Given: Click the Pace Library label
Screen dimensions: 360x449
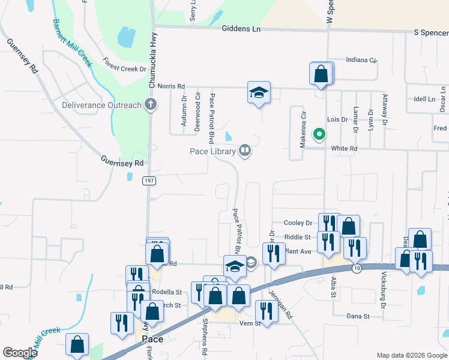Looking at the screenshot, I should (213, 151).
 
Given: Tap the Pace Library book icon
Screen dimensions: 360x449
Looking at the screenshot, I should (244, 151).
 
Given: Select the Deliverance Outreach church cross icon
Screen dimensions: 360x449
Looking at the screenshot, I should (150, 105).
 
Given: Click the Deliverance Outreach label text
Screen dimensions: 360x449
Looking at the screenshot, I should (101, 106).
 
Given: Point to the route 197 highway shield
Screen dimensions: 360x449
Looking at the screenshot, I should (149, 180).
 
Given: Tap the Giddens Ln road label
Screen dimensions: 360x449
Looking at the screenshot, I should (242, 28).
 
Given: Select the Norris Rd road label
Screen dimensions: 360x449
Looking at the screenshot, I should (171, 86).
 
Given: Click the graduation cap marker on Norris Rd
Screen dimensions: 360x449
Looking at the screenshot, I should (259, 92).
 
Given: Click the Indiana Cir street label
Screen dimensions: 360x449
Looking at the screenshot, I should (361, 61).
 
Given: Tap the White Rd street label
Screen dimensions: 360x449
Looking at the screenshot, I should (344, 148).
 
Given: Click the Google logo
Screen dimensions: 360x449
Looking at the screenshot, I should (20, 353).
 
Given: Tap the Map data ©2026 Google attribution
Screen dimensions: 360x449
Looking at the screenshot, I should (411, 355).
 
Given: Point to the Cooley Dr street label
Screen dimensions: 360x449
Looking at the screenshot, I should (298, 223).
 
